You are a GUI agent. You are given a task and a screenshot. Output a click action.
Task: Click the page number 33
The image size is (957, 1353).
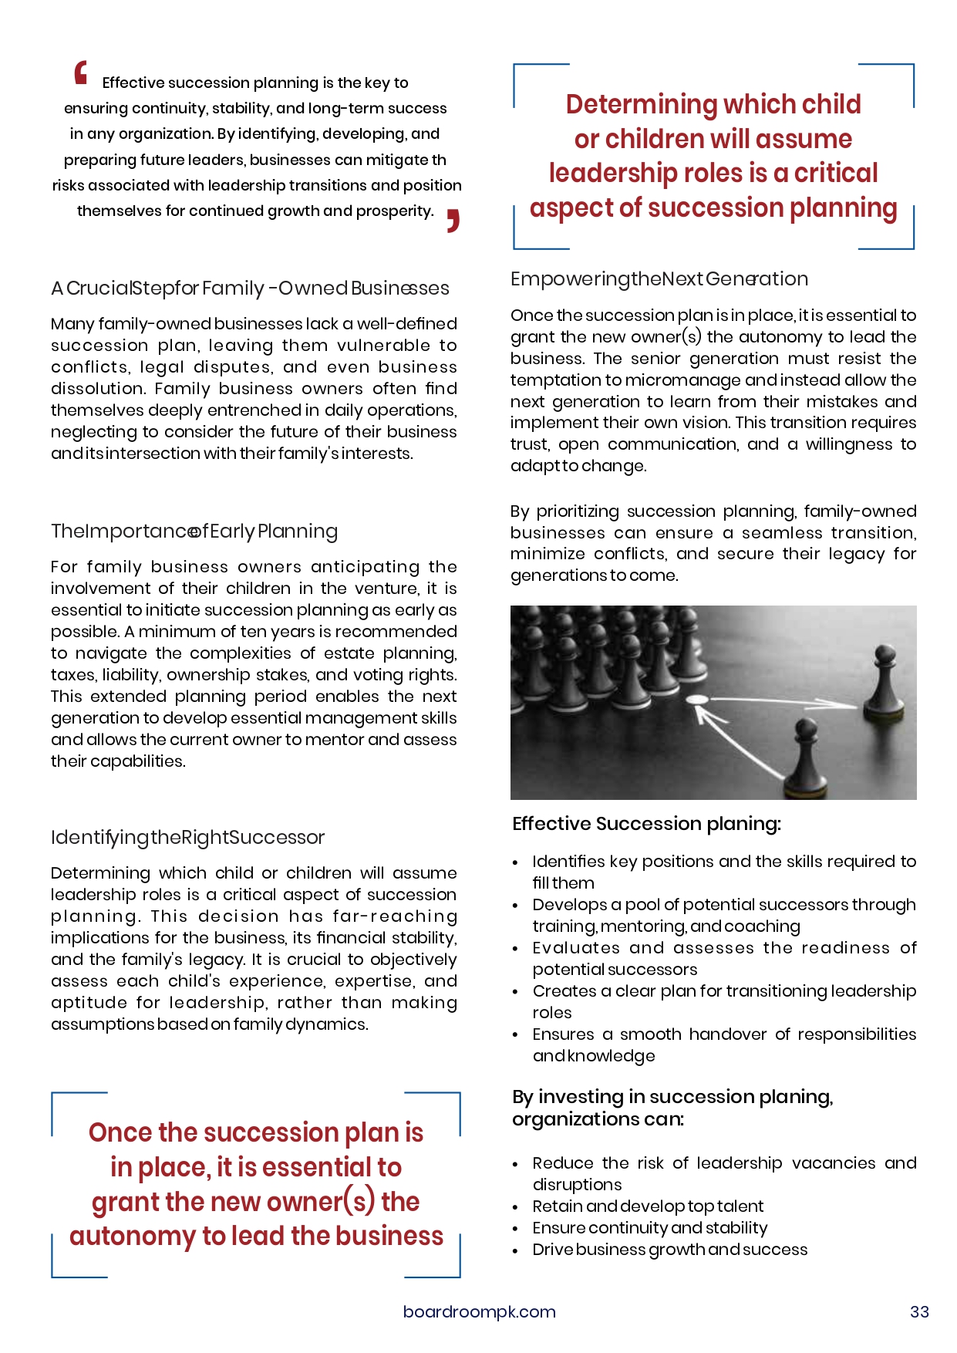(x=919, y=1311)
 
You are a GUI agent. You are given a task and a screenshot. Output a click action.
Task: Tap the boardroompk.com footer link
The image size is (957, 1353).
(x=479, y=1311)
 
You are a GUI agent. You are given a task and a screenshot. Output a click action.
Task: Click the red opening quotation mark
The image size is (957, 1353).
(x=81, y=73)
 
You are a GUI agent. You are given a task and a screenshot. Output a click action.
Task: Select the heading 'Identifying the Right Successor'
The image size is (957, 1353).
(x=187, y=837)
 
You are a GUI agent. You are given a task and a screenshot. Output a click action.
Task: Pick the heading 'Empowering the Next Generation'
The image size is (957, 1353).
(x=659, y=278)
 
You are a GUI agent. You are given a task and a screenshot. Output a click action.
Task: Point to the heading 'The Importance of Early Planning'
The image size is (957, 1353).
(x=194, y=531)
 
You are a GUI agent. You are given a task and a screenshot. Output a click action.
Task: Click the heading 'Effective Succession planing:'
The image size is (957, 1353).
(x=646, y=823)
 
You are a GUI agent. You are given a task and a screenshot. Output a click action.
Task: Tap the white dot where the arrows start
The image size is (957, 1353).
(x=697, y=700)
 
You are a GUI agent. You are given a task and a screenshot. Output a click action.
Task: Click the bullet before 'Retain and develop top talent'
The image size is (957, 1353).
(x=515, y=1206)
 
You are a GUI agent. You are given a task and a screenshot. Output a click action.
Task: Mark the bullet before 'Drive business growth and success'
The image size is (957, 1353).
(x=515, y=1250)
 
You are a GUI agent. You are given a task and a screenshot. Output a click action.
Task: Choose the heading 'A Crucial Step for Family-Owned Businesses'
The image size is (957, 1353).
(x=250, y=288)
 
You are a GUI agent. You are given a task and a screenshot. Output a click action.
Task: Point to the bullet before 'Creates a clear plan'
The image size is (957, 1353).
(x=515, y=991)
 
